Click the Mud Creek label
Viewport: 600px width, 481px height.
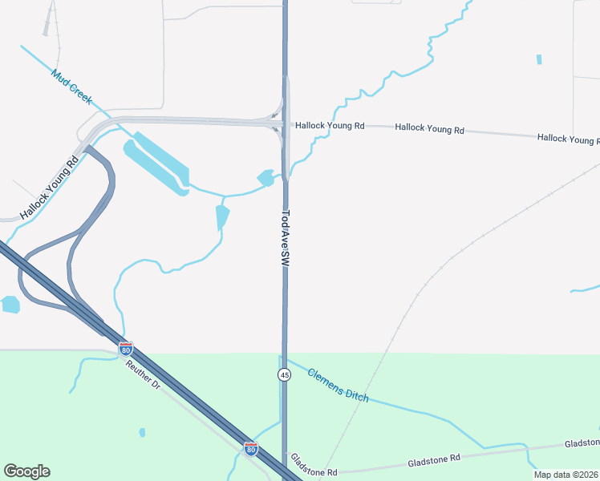tap(71, 86)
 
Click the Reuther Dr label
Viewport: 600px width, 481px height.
tap(144, 374)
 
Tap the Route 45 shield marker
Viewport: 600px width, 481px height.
tap(284, 375)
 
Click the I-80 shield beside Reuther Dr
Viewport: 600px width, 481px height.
tap(125, 349)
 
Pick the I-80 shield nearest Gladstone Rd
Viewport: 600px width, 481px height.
tap(251, 449)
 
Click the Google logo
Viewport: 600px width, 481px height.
tap(26, 471)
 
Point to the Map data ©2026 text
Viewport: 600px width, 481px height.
tap(566, 475)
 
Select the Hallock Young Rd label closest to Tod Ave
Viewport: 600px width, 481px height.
tap(330, 126)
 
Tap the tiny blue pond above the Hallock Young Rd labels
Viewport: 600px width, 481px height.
tap(539, 59)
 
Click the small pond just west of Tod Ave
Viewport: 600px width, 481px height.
tap(266, 177)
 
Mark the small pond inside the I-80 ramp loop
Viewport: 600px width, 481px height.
tap(10, 304)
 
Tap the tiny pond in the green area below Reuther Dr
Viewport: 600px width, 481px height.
tap(142, 432)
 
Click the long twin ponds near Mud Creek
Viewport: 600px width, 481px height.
tap(157, 161)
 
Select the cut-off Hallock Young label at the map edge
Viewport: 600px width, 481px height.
tap(568, 139)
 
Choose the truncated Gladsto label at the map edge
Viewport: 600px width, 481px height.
tap(582, 443)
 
